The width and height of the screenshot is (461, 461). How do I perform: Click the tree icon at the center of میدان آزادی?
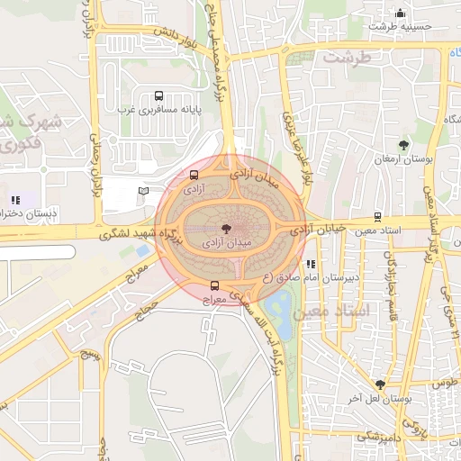click(x=224, y=228)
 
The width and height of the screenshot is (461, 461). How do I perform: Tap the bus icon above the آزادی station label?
click(x=194, y=175)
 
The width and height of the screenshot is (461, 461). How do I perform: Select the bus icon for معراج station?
click(x=213, y=285)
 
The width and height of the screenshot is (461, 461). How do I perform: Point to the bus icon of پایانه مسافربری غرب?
click(x=159, y=95)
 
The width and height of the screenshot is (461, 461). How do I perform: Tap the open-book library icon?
click(x=144, y=191)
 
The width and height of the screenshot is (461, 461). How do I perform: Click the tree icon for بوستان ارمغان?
click(x=402, y=144)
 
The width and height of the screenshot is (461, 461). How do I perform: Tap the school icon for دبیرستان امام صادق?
click(x=311, y=265)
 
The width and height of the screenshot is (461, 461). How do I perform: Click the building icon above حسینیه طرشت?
click(x=401, y=13)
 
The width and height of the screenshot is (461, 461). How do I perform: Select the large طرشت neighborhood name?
click(x=347, y=58)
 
